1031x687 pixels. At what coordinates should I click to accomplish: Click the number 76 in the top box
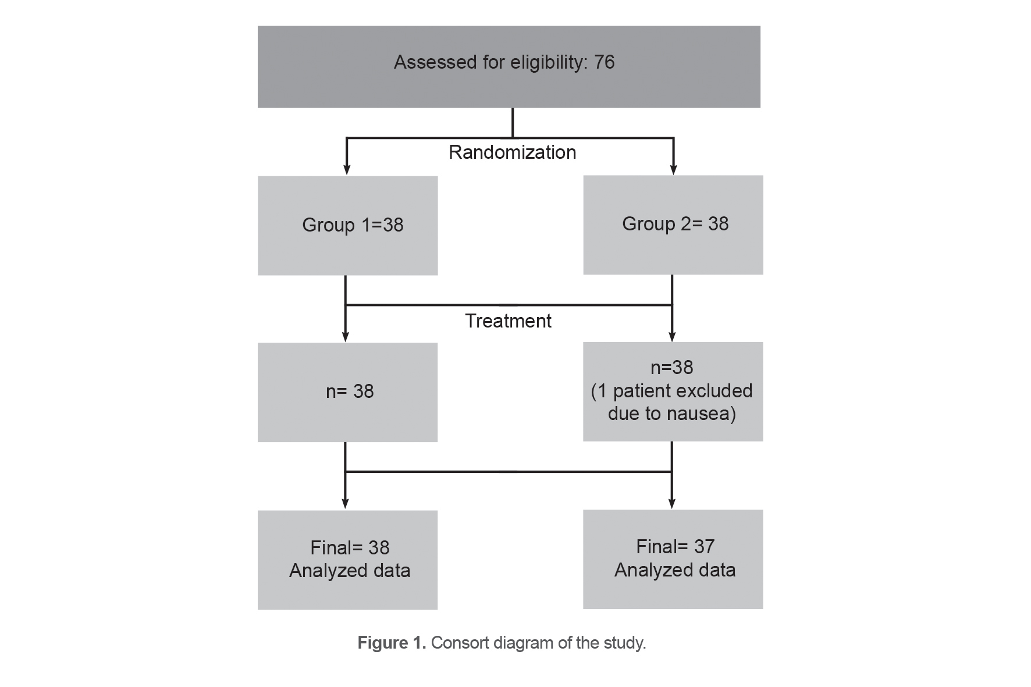(x=604, y=62)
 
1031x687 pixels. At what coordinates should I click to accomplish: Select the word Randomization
(x=512, y=152)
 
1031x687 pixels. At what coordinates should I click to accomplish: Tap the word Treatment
(x=508, y=321)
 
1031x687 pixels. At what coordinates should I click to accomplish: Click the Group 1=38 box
(x=348, y=226)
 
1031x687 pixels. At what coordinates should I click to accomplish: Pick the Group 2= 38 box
(x=673, y=225)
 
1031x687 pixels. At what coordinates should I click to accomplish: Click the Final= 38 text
(x=350, y=547)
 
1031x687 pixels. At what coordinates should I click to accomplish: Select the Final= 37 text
(x=675, y=546)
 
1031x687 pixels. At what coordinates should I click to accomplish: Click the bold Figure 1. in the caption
(x=392, y=643)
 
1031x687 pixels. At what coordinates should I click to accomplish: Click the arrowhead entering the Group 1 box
(x=347, y=170)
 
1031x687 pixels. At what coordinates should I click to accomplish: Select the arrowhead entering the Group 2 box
(x=674, y=170)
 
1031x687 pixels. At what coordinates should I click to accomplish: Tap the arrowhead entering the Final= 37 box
(x=672, y=504)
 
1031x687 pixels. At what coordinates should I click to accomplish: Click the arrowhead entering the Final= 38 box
(x=346, y=504)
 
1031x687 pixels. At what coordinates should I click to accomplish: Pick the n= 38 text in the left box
(x=350, y=391)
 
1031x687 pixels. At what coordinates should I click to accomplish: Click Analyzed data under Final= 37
(x=675, y=570)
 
